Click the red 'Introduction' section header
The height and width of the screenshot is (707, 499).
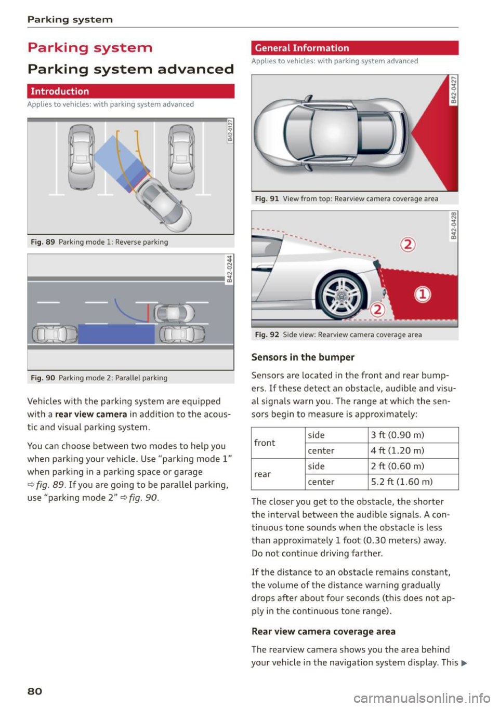(x=130, y=91)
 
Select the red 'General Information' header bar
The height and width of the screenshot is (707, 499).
(x=354, y=48)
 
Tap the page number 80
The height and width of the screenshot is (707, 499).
(x=35, y=691)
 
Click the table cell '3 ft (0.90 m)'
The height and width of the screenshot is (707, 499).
(x=413, y=435)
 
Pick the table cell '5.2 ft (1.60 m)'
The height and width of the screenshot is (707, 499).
(x=413, y=482)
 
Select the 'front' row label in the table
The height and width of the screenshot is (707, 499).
(x=265, y=443)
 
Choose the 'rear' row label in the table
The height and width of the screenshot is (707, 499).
(x=262, y=474)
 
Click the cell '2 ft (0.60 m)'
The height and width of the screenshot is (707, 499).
(x=413, y=466)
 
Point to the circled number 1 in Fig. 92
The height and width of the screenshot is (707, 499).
(x=423, y=295)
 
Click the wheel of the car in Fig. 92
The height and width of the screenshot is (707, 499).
(x=342, y=295)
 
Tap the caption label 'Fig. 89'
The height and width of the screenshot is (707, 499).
(x=43, y=242)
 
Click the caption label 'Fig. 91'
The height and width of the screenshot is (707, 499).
(x=267, y=199)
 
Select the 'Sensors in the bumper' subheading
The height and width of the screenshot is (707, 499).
(x=303, y=357)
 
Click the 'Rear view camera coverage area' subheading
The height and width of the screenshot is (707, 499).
(x=323, y=632)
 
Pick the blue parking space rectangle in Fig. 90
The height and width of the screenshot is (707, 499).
(x=116, y=334)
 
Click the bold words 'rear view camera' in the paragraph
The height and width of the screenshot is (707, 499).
(x=91, y=415)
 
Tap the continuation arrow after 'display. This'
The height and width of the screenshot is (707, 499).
(x=464, y=663)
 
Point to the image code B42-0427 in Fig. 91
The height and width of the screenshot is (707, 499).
(x=453, y=89)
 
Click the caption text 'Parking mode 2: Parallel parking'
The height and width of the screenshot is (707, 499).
(x=113, y=378)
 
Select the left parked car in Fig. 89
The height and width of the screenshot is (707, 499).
(x=82, y=156)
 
